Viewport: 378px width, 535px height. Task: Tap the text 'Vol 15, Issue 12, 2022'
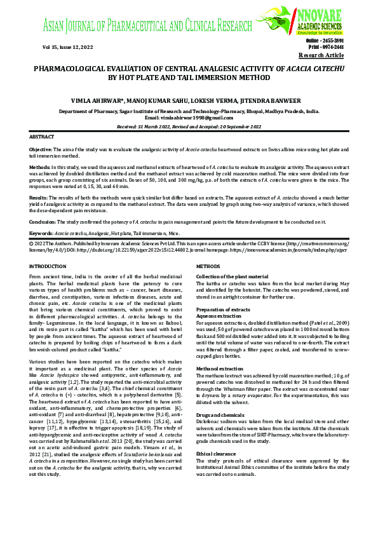pos(63,47)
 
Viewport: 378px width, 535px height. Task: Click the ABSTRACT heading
pos(42,137)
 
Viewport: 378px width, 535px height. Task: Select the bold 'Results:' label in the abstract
pos(40,198)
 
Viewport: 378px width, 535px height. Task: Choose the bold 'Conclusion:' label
pos(44,222)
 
